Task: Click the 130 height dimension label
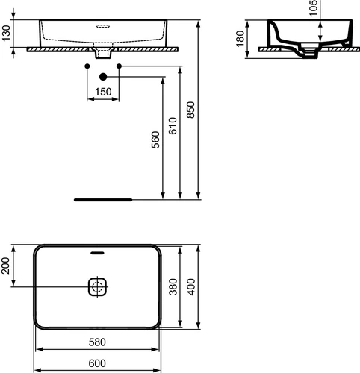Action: tap(6, 33)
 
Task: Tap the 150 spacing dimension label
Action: tap(103, 92)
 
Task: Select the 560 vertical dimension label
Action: tap(155, 140)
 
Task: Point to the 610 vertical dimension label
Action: tap(173, 126)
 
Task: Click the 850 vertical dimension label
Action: tap(190, 110)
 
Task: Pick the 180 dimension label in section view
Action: tap(240, 39)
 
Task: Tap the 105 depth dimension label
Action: tap(314, 8)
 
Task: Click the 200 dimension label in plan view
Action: tap(5, 266)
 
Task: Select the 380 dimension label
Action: tap(173, 286)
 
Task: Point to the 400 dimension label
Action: tap(191, 286)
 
